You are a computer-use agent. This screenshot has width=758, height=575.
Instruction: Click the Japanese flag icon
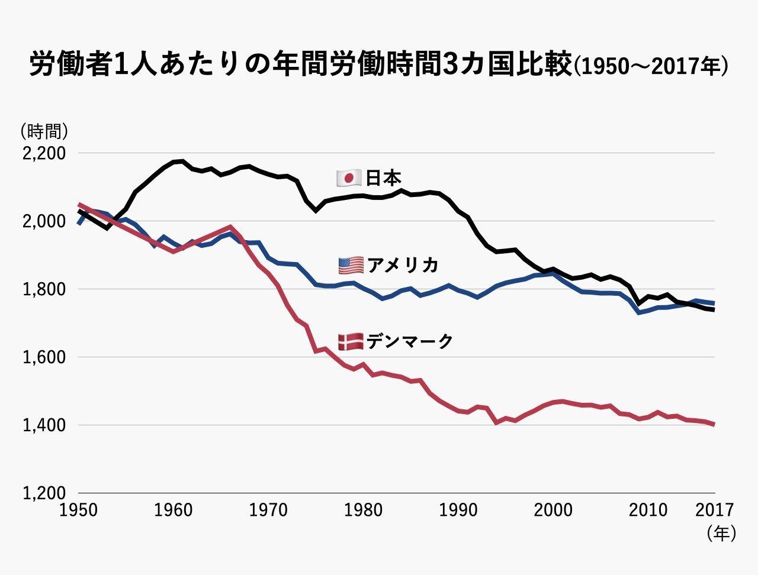[349, 177]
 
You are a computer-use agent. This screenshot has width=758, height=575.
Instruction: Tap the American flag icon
[351, 265]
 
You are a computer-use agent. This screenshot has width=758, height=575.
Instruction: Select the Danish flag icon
[350, 341]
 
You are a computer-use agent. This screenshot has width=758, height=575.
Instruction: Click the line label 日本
[384, 178]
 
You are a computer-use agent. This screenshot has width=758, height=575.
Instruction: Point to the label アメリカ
[403, 265]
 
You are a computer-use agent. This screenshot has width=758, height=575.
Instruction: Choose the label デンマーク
[410, 341]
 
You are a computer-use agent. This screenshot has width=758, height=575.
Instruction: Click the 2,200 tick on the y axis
[43, 154]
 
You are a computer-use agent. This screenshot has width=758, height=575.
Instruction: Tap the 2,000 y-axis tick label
[43, 222]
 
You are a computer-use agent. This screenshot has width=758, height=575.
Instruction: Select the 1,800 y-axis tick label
[43, 290]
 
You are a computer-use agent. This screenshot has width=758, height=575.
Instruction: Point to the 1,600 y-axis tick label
[43, 358]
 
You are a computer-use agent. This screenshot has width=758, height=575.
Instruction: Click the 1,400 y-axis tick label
[43, 425]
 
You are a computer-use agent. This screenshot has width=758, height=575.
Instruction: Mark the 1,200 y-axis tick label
[43, 493]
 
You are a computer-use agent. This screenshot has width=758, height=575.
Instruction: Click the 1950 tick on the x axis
[79, 510]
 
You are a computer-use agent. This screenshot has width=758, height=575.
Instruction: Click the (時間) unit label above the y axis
[44, 131]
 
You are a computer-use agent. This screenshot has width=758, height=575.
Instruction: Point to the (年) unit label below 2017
[721, 534]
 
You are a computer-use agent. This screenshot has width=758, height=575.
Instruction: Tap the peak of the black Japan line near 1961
[181, 160]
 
